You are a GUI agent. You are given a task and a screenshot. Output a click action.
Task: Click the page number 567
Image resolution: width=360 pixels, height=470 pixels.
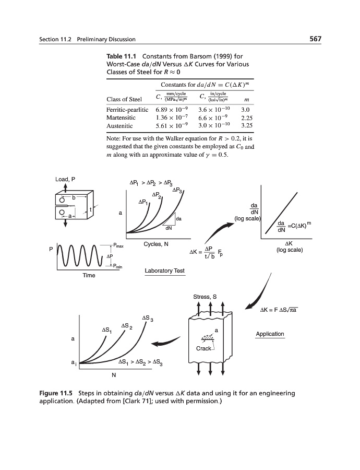(314, 39)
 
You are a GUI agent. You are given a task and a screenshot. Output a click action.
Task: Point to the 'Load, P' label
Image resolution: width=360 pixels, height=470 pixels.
(66, 180)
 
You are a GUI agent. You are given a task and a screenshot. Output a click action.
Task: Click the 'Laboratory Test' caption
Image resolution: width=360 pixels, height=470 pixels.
(165, 271)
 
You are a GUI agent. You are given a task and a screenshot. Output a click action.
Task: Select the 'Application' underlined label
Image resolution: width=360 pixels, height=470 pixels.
(270, 334)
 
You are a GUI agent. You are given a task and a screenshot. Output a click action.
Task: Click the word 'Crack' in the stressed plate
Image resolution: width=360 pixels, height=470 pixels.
(203, 348)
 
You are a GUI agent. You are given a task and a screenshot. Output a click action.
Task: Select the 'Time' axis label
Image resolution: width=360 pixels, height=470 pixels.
(89, 275)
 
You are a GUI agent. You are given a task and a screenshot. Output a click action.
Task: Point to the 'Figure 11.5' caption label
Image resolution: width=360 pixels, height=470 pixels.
(57, 393)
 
